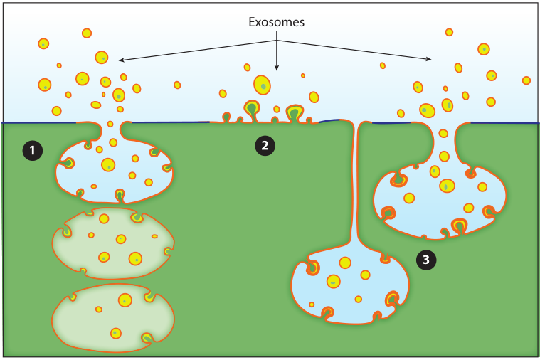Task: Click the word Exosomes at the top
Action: pos(276,22)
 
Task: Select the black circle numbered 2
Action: pos(265,146)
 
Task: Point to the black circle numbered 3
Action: pos(426,260)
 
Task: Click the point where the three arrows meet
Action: pos(277,40)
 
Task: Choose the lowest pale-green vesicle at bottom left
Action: pos(114,317)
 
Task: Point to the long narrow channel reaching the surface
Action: pos(354,185)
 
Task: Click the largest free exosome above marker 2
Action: pos(263,85)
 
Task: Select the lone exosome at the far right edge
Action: pos(526,80)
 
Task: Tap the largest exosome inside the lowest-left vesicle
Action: pos(125,300)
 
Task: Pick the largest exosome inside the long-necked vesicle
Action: pos(346,263)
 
